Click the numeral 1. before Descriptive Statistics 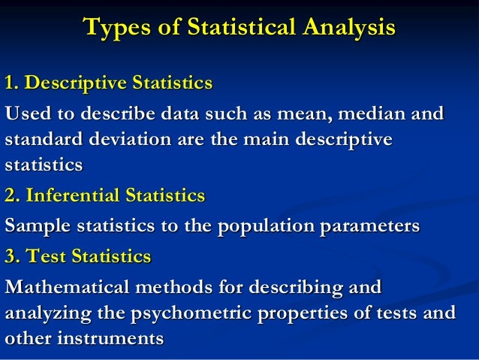[12, 81]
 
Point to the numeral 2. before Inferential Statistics [12, 196]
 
